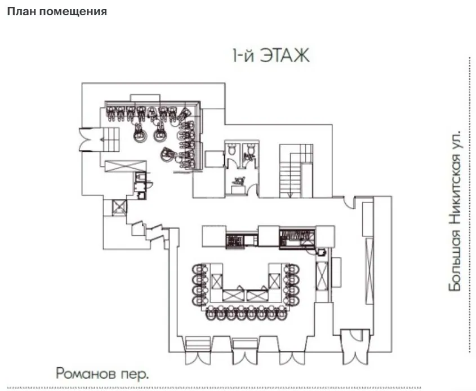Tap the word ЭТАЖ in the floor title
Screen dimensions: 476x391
(284, 55)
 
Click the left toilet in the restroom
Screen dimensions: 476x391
(232, 149)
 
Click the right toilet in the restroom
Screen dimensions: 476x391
(251, 149)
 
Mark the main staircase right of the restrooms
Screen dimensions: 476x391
(296, 171)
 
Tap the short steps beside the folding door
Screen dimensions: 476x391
(111, 139)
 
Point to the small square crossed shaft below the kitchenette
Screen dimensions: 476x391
(119, 207)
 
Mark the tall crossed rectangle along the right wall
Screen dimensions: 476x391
(369, 271)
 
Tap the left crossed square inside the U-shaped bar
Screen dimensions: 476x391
(217, 280)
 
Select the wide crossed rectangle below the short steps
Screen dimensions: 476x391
(126, 166)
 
